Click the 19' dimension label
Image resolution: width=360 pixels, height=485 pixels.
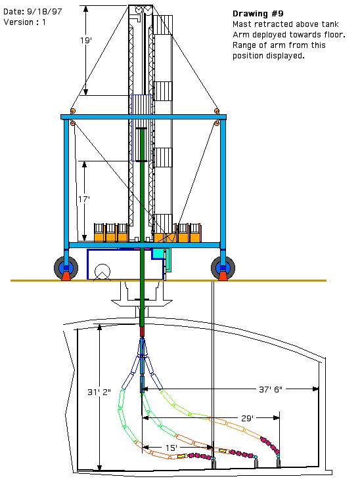coord(86,40)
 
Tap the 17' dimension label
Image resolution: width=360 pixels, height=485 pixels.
coord(83,200)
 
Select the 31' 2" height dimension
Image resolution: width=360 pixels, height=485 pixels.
coord(99,392)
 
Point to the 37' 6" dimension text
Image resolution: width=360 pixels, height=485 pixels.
coord(270,389)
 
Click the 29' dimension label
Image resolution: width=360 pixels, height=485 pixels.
coord(247,419)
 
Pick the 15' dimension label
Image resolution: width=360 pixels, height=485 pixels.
coord(171,448)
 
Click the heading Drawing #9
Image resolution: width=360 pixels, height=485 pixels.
coord(258,14)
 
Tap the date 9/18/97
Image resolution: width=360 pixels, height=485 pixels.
coord(44,12)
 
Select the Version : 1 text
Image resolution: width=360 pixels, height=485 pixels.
coord(25,22)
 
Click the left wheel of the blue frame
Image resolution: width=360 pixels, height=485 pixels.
coord(66,268)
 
